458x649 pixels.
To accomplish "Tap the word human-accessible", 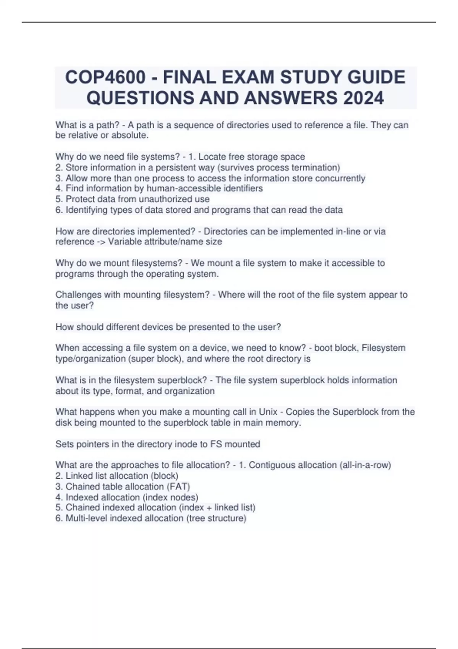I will (x=183, y=188).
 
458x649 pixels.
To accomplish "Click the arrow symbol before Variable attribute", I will (x=101, y=242).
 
